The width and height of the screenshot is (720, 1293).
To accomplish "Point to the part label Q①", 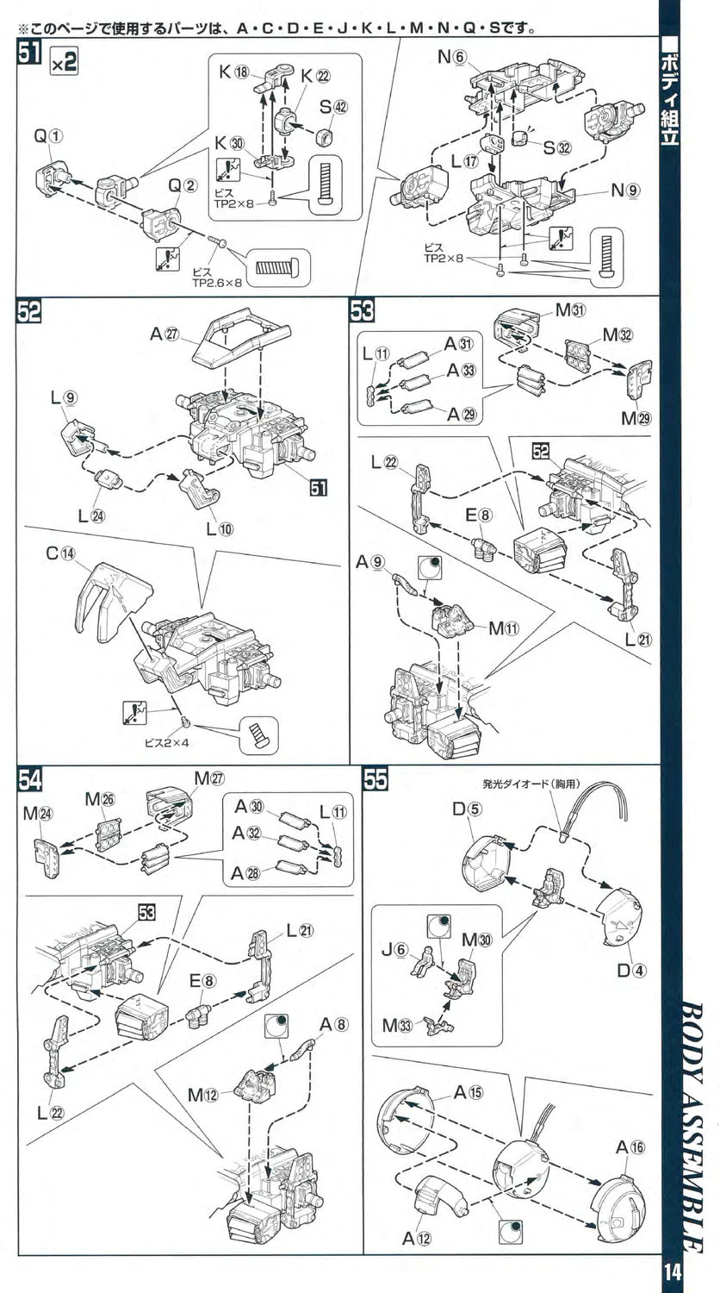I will pyautogui.click(x=50, y=135).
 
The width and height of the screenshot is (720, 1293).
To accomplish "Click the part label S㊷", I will pyautogui.click(x=336, y=107).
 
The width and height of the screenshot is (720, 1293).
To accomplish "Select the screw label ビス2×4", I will pyautogui.click(x=160, y=742).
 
